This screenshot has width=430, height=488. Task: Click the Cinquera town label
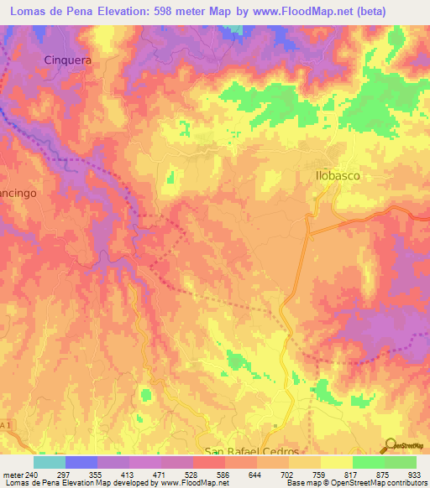pos(66,61)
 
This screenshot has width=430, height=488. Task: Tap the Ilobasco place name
pos(338,177)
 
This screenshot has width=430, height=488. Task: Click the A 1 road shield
pos(7,427)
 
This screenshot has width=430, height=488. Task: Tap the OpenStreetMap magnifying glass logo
pos(389,444)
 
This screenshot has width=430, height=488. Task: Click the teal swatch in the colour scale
pos(50,462)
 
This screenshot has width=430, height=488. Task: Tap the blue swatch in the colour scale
pos(81,462)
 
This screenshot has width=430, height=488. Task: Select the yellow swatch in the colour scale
pos(337,462)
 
